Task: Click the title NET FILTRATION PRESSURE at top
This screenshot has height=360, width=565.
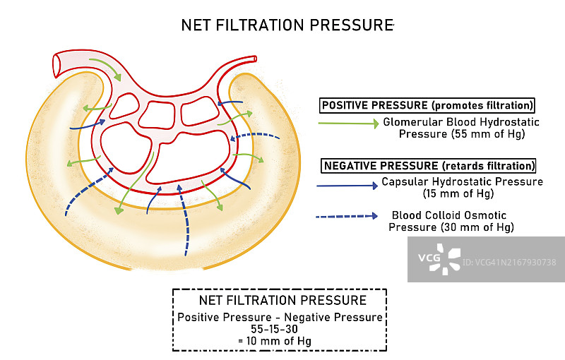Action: (x=286, y=25)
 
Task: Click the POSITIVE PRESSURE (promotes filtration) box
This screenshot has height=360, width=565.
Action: (x=427, y=105)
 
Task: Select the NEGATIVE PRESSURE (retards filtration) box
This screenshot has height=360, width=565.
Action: (x=429, y=166)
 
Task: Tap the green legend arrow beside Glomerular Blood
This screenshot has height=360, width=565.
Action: (x=349, y=124)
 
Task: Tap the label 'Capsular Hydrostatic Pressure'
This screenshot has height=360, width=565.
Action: (x=462, y=181)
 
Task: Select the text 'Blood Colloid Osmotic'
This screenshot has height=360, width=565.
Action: (x=449, y=215)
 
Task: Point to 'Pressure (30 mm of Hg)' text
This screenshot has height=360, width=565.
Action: (x=451, y=227)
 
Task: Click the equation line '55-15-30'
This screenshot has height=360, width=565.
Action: (x=280, y=330)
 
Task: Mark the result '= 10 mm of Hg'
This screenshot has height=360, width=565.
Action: (x=280, y=342)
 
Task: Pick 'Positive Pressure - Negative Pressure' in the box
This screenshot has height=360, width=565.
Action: (x=280, y=318)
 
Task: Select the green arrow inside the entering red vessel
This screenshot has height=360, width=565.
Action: (x=103, y=68)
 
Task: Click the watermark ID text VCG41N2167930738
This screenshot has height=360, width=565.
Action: (x=509, y=263)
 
